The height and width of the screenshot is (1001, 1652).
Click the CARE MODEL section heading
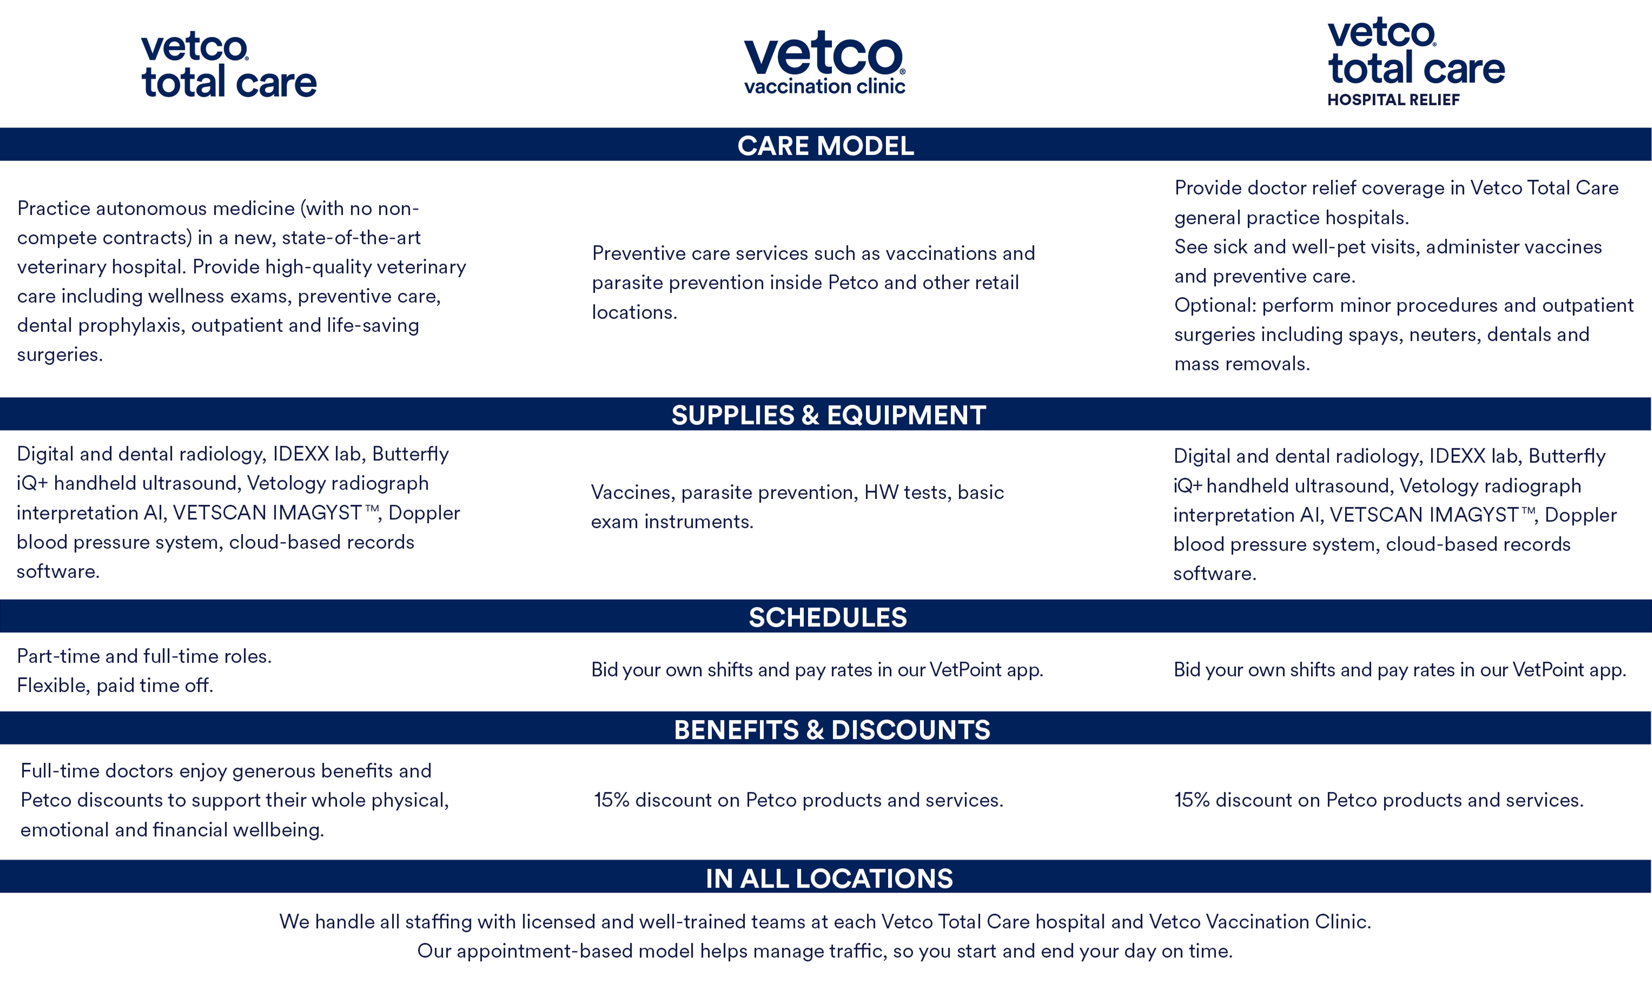(825, 145)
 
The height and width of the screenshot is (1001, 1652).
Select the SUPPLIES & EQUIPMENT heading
(828, 415)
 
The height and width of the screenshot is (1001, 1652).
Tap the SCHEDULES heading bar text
(827, 617)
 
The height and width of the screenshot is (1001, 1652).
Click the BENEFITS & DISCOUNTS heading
(831, 729)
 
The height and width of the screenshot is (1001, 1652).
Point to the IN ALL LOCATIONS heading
(829, 878)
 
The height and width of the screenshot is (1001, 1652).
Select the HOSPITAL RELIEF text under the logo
(1393, 100)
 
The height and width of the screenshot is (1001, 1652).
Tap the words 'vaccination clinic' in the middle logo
(825, 86)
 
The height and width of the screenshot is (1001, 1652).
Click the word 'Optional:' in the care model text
(1215, 305)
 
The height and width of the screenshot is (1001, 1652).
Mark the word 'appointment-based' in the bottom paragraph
(575, 951)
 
